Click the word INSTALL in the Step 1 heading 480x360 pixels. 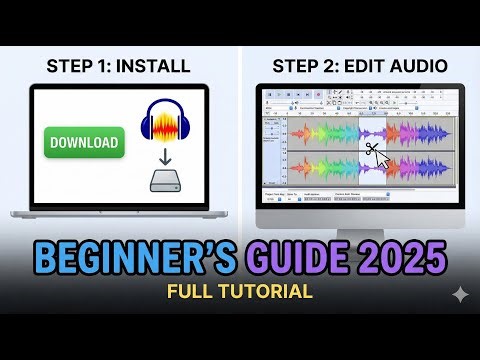(x=153, y=67)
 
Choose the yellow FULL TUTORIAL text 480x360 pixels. (x=240, y=292)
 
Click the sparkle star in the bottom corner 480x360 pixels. (x=458, y=295)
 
